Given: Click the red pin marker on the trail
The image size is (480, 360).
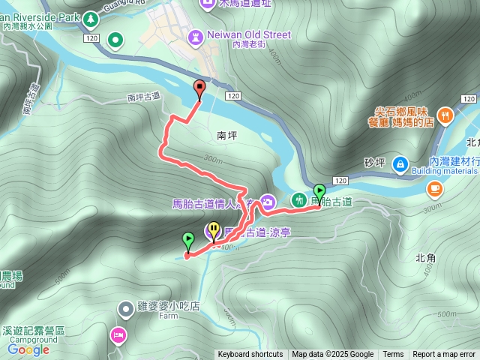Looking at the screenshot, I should click(199, 88).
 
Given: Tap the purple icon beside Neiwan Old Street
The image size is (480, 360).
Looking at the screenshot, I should click(196, 35).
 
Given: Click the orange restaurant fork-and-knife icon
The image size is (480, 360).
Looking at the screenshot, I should click(446, 115).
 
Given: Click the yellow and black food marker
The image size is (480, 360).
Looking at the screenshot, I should click(214, 229).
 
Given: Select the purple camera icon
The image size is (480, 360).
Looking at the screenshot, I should click(268, 201).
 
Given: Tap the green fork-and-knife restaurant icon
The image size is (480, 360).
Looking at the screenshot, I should click(300, 200).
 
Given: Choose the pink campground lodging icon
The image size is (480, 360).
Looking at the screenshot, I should click(118, 334).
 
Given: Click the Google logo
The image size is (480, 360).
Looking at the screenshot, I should click(28, 349).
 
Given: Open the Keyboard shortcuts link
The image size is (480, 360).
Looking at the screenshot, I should click(250, 355).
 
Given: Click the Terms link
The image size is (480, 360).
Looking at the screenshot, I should click(393, 355).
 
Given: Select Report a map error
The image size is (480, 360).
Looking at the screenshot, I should click(445, 355).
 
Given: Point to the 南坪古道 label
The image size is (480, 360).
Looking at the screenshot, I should click(144, 97).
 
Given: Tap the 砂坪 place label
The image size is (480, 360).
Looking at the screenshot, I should click(374, 161).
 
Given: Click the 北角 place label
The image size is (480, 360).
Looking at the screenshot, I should click(424, 257).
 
